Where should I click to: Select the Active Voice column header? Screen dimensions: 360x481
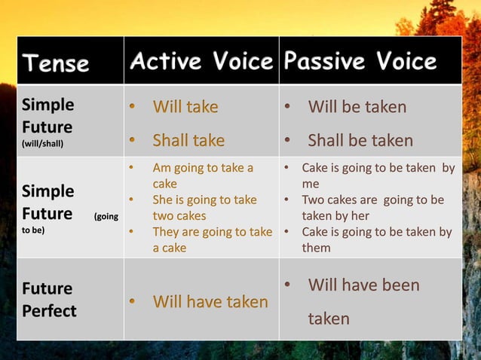pyautogui.click(x=201, y=62)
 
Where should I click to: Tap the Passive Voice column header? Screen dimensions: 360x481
pyautogui.click(x=360, y=62)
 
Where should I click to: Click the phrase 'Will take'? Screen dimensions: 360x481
pyautogui.click(x=185, y=107)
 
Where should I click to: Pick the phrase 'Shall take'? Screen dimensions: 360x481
pyautogui.click(x=188, y=140)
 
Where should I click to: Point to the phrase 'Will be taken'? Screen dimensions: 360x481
pyautogui.click(x=357, y=107)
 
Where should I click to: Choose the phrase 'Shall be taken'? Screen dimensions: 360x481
pyautogui.click(x=360, y=140)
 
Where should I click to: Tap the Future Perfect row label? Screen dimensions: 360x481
pyautogui.click(x=49, y=300)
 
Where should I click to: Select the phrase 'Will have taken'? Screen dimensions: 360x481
pyautogui.click(x=210, y=302)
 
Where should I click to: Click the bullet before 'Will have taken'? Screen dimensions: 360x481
pyautogui.click(x=133, y=302)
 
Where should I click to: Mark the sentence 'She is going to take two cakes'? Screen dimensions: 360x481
pyautogui.click(x=204, y=208)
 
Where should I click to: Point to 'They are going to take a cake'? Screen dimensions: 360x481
pyautogui.click(x=211, y=239)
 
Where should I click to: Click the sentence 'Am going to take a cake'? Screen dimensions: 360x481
pyautogui.click(x=203, y=175)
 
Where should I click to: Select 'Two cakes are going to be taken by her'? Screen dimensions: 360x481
pyautogui.click(x=372, y=208)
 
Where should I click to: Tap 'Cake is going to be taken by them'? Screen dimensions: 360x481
pyautogui.click(x=376, y=239)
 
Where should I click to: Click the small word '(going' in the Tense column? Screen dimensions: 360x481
pyautogui.click(x=105, y=217)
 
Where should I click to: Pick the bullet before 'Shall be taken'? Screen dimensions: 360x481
pyautogui.click(x=288, y=141)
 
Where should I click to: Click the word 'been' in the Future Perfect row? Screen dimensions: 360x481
pyautogui.click(x=398, y=285)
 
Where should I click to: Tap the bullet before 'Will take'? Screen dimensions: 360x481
pyautogui.click(x=133, y=108)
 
